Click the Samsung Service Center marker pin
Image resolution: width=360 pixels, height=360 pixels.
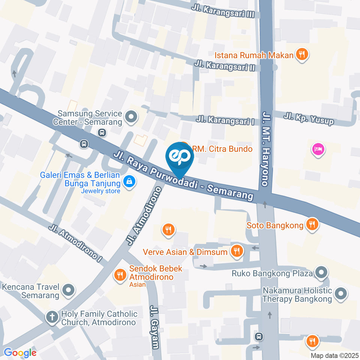[x=131, y=117]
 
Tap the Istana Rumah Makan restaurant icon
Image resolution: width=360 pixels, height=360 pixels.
[x=301, y=55]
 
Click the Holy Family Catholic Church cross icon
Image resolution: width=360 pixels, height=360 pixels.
[x=52, y=318]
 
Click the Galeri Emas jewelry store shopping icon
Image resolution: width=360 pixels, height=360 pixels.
[x=129, y=182]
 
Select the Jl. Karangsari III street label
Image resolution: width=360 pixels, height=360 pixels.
[x=223, y=11]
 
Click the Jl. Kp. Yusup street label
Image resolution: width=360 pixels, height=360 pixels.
[x=309, y=118]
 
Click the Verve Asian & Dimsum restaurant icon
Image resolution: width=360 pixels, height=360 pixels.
[x=236, y=251]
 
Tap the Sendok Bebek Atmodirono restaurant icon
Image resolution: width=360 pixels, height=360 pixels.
[x=120, y=274]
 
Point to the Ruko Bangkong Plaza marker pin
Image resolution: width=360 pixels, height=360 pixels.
[x=321, y=273]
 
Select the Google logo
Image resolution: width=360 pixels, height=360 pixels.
[x=20, y=352]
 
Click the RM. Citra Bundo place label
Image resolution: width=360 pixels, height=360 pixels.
[x=222, y=149]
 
